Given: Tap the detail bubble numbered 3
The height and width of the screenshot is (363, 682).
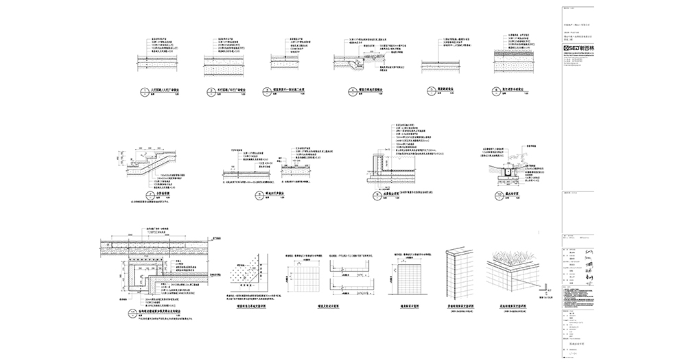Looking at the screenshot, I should coord(273,89).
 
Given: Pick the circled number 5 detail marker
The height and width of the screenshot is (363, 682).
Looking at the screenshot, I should coord(425,89).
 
